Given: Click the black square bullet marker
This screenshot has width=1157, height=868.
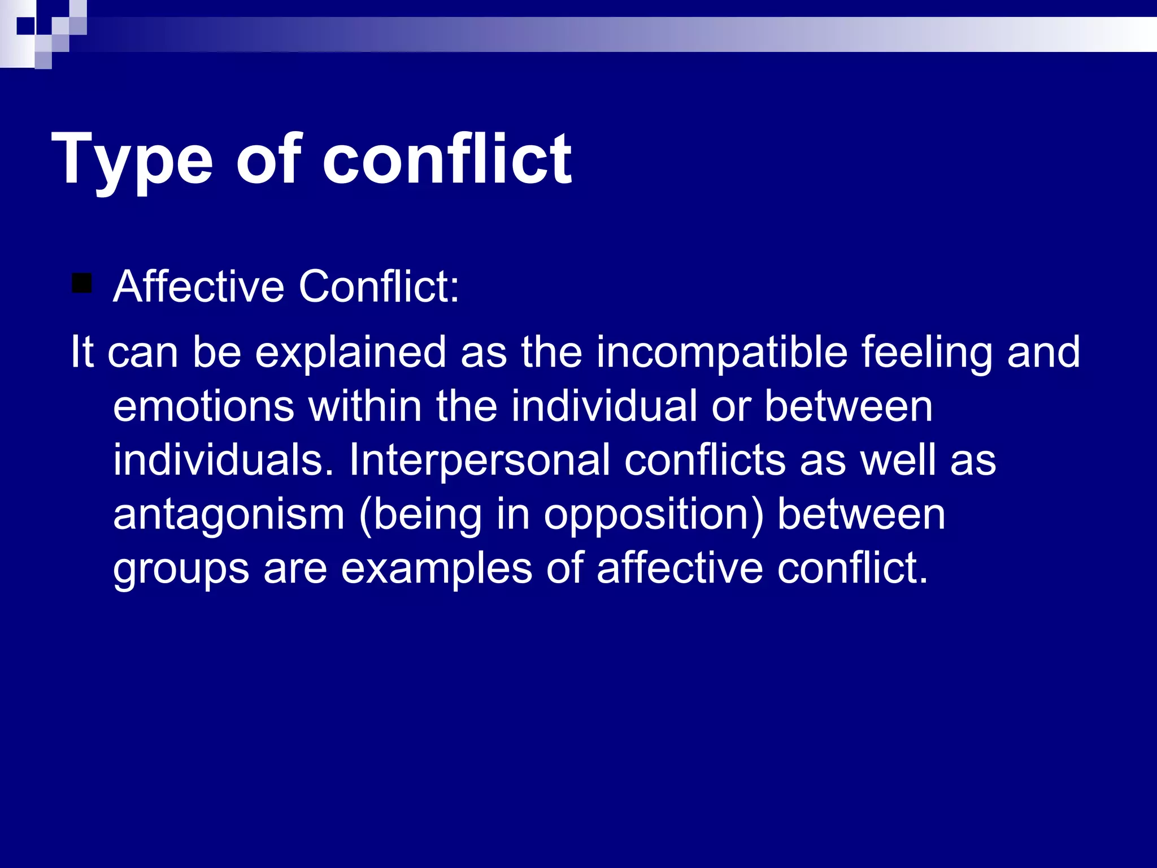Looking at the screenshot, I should (82, 283).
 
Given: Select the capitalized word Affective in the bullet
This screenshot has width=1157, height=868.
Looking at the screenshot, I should (198, 286).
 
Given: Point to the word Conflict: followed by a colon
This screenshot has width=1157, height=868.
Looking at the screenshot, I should (379, 286).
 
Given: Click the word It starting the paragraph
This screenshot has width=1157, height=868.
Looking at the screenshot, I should (81, 351).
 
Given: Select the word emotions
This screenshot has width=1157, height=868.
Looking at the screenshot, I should (203, 406).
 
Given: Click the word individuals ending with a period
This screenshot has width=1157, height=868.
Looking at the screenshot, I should (223, 459).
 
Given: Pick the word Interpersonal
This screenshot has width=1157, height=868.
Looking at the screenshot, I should (480, 459).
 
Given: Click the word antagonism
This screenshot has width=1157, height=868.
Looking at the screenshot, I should (229, 514).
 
